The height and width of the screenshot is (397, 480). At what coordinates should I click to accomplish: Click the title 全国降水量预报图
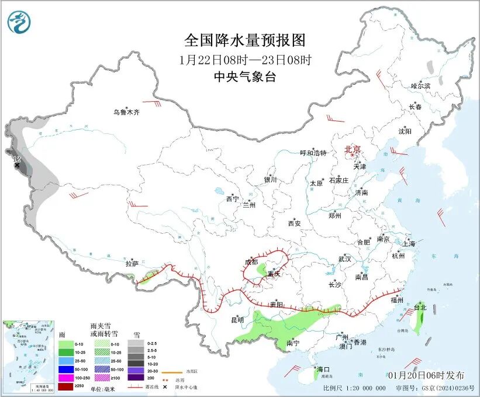click(245, 40)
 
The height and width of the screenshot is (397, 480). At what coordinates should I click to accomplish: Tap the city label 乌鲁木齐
click(126, 112)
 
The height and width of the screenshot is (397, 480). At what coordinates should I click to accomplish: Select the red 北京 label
click(353, 149)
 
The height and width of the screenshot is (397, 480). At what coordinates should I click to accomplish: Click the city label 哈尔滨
click(420, 86)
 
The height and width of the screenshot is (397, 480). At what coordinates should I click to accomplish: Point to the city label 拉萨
click(132, 264)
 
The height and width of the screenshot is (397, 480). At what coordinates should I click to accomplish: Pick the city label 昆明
click(237, 320)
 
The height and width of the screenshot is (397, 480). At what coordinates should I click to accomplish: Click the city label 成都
click(251, 261)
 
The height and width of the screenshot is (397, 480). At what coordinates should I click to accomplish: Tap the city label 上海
click(409, 243)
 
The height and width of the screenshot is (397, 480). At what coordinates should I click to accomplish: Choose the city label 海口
click(323, 370)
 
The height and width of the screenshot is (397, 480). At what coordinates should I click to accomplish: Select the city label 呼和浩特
click(313, 153)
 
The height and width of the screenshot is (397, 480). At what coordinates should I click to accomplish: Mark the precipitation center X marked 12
click(17, 166)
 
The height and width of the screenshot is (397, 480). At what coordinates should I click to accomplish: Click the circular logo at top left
click(19, 22)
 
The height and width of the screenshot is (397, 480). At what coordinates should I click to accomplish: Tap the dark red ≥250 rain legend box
click(65, 386)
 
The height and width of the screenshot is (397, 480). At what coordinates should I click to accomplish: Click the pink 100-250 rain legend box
click(65, 378)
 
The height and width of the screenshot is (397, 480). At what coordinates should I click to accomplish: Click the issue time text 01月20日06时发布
click(426, 375)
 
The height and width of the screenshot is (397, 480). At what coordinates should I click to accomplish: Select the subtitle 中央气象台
click(244, 77)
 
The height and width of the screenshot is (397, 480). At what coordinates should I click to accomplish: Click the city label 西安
click(294, 223)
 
